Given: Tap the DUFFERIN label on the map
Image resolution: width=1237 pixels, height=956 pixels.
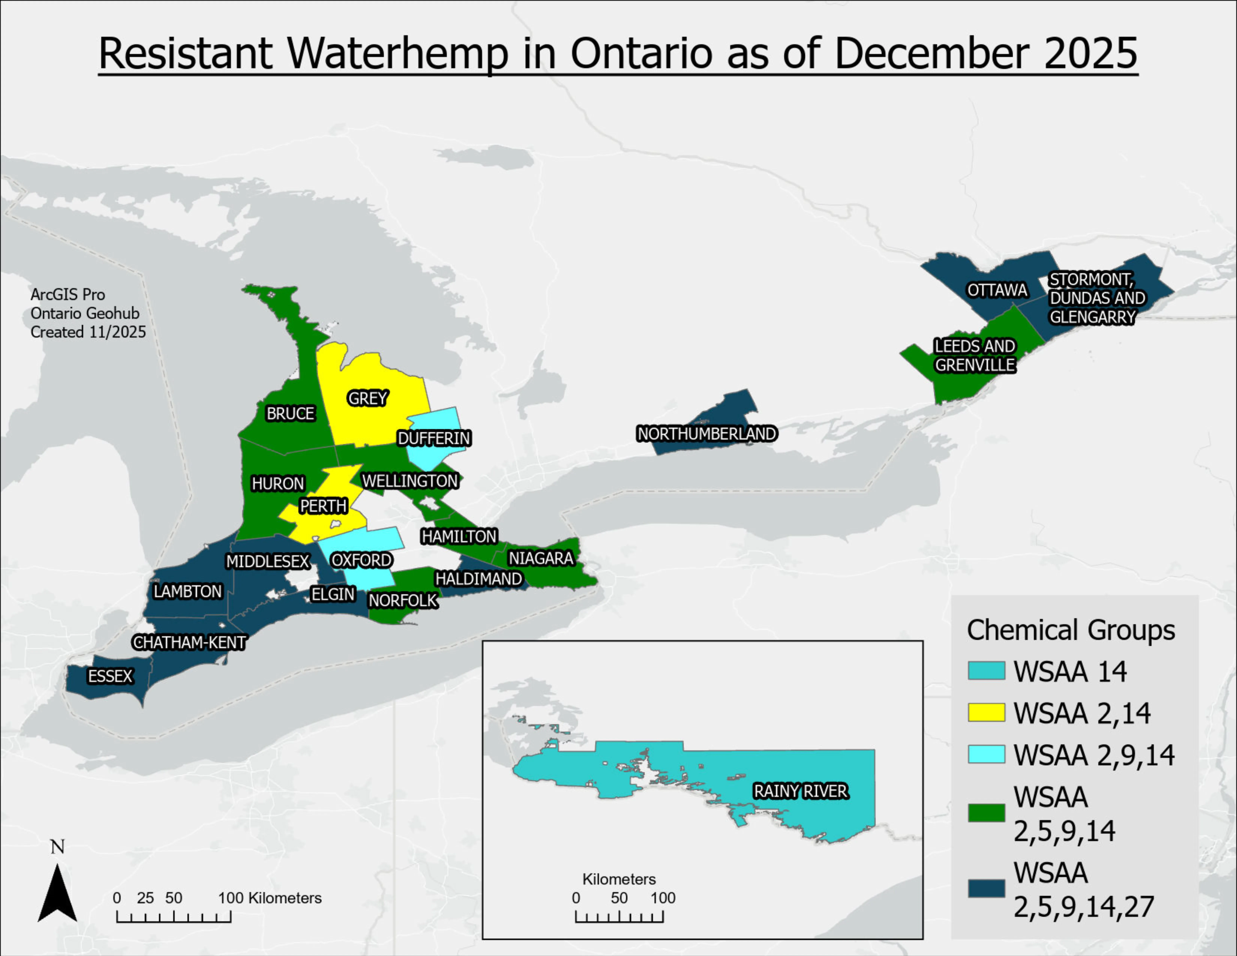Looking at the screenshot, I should (434, 438).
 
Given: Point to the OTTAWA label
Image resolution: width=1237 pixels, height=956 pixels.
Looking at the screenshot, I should (997, 290).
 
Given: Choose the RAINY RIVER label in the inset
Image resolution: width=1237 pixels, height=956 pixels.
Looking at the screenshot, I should (800, 791).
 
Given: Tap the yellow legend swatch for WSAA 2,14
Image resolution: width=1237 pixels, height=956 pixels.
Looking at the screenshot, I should (986, 713).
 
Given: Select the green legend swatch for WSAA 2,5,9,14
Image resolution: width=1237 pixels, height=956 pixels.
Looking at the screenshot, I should (986, 813).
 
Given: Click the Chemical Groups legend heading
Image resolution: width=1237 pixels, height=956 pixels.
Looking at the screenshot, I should (1071, 630).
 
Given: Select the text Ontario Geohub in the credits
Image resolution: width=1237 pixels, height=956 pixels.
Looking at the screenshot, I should (85, 313).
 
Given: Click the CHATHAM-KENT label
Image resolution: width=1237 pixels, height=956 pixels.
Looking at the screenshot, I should (189, 642).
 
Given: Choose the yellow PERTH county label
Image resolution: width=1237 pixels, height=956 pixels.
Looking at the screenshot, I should (323, 506).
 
